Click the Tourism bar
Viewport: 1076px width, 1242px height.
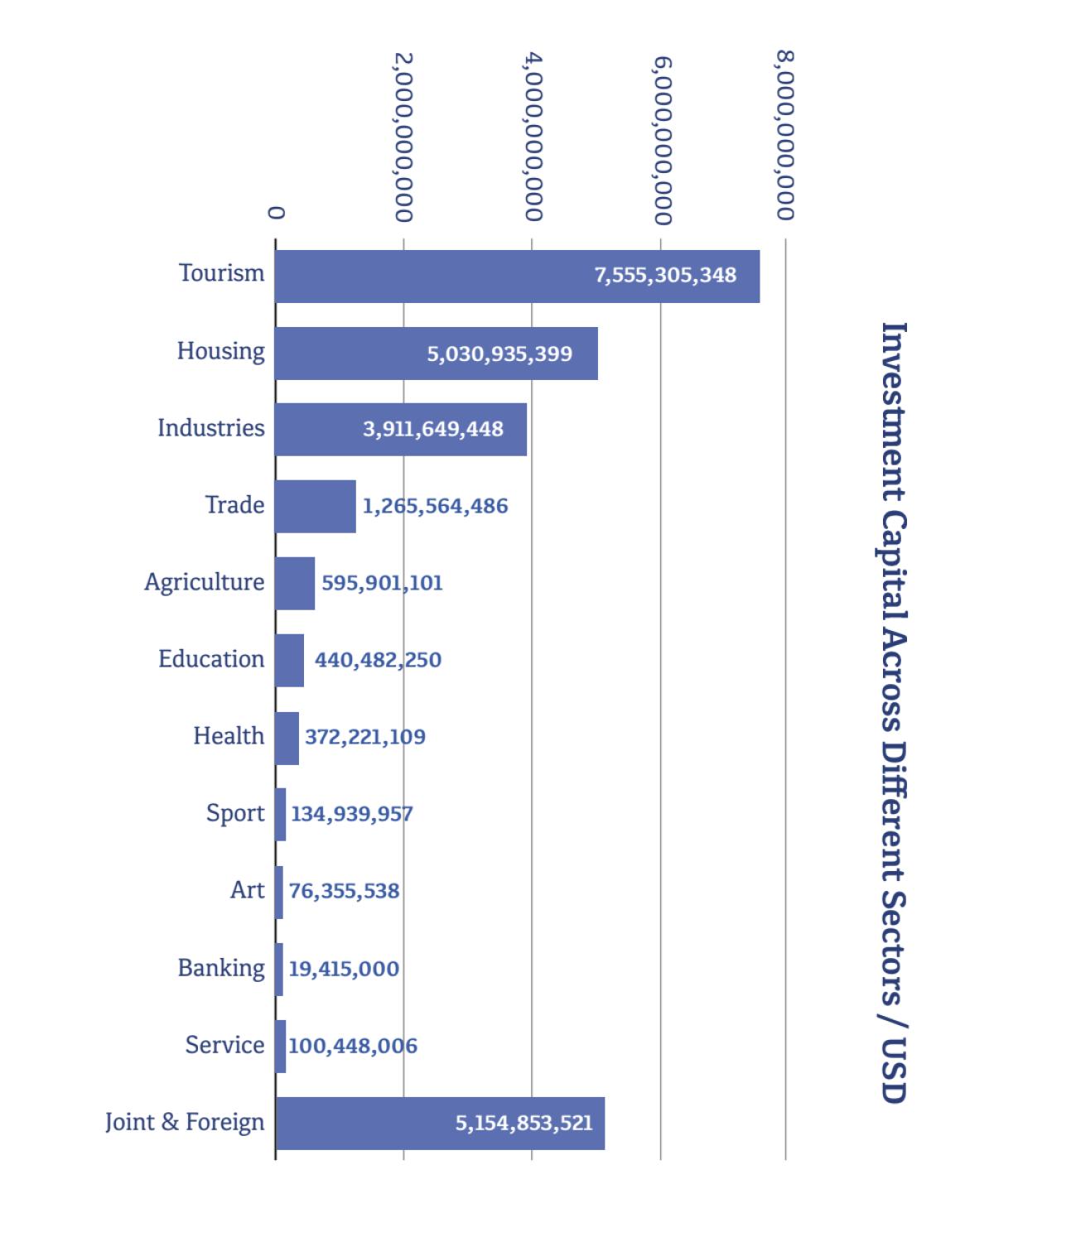pos(517,276)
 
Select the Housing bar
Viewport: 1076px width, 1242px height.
pos(436,354)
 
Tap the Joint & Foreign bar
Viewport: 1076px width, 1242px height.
pos(439,1123)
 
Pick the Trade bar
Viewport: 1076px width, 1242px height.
pos(315,506)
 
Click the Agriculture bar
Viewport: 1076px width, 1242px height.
pos(294,583)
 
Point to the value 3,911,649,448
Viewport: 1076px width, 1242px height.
pos(432,430)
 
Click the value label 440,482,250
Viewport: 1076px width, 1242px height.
pos(378,660)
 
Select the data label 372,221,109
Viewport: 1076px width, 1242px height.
pos(365,737)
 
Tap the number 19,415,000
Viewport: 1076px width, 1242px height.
pos(344,969)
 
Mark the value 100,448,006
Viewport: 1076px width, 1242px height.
pos(353,1046)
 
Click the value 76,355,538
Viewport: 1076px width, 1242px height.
pos(344,891)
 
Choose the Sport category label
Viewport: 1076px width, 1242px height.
pos(235,813)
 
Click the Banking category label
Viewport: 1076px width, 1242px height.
pos(221,968)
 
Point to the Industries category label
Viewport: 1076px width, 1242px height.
pos(211,428)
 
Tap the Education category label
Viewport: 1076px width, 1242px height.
pos(211,659)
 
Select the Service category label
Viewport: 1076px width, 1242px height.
pos(224,1045)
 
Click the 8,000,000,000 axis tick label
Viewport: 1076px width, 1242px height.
pos(786,137)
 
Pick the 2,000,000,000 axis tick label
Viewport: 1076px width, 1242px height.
pos(403,137)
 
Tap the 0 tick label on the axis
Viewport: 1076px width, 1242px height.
pos(277,213)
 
